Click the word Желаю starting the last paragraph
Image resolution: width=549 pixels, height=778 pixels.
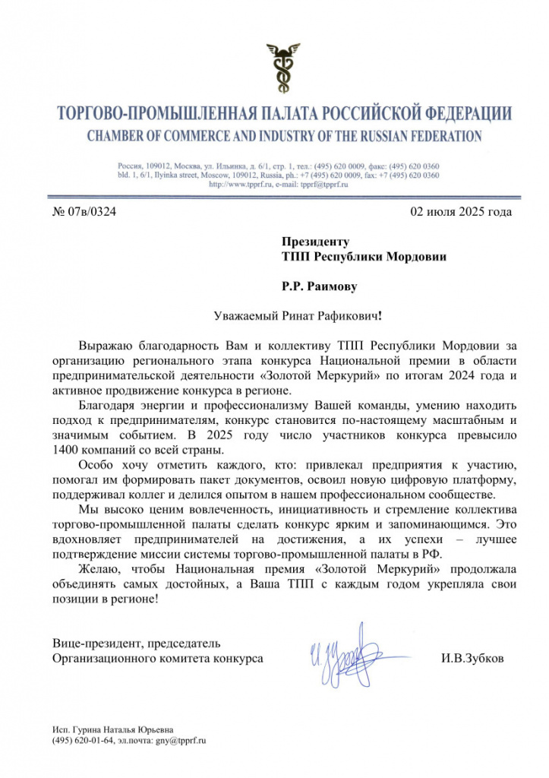[99, 568]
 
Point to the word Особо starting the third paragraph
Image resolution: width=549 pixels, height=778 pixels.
[96, 464]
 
